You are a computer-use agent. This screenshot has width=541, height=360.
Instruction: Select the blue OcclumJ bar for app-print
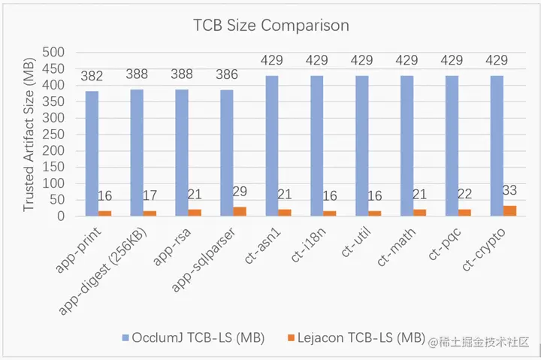point(92,153)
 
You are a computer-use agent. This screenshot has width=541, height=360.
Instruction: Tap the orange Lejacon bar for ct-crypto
point(510,210)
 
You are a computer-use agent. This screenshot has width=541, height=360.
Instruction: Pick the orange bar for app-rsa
point(195,213)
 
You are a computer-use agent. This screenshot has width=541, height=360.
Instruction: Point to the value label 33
point(510,190)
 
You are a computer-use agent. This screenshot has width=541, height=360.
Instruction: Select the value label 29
point(240,192)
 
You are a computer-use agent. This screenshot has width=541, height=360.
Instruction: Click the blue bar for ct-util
point(361,146)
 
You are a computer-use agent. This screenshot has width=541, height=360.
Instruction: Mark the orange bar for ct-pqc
point(465,213)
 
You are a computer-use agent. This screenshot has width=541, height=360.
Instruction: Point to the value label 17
point(150,196)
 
